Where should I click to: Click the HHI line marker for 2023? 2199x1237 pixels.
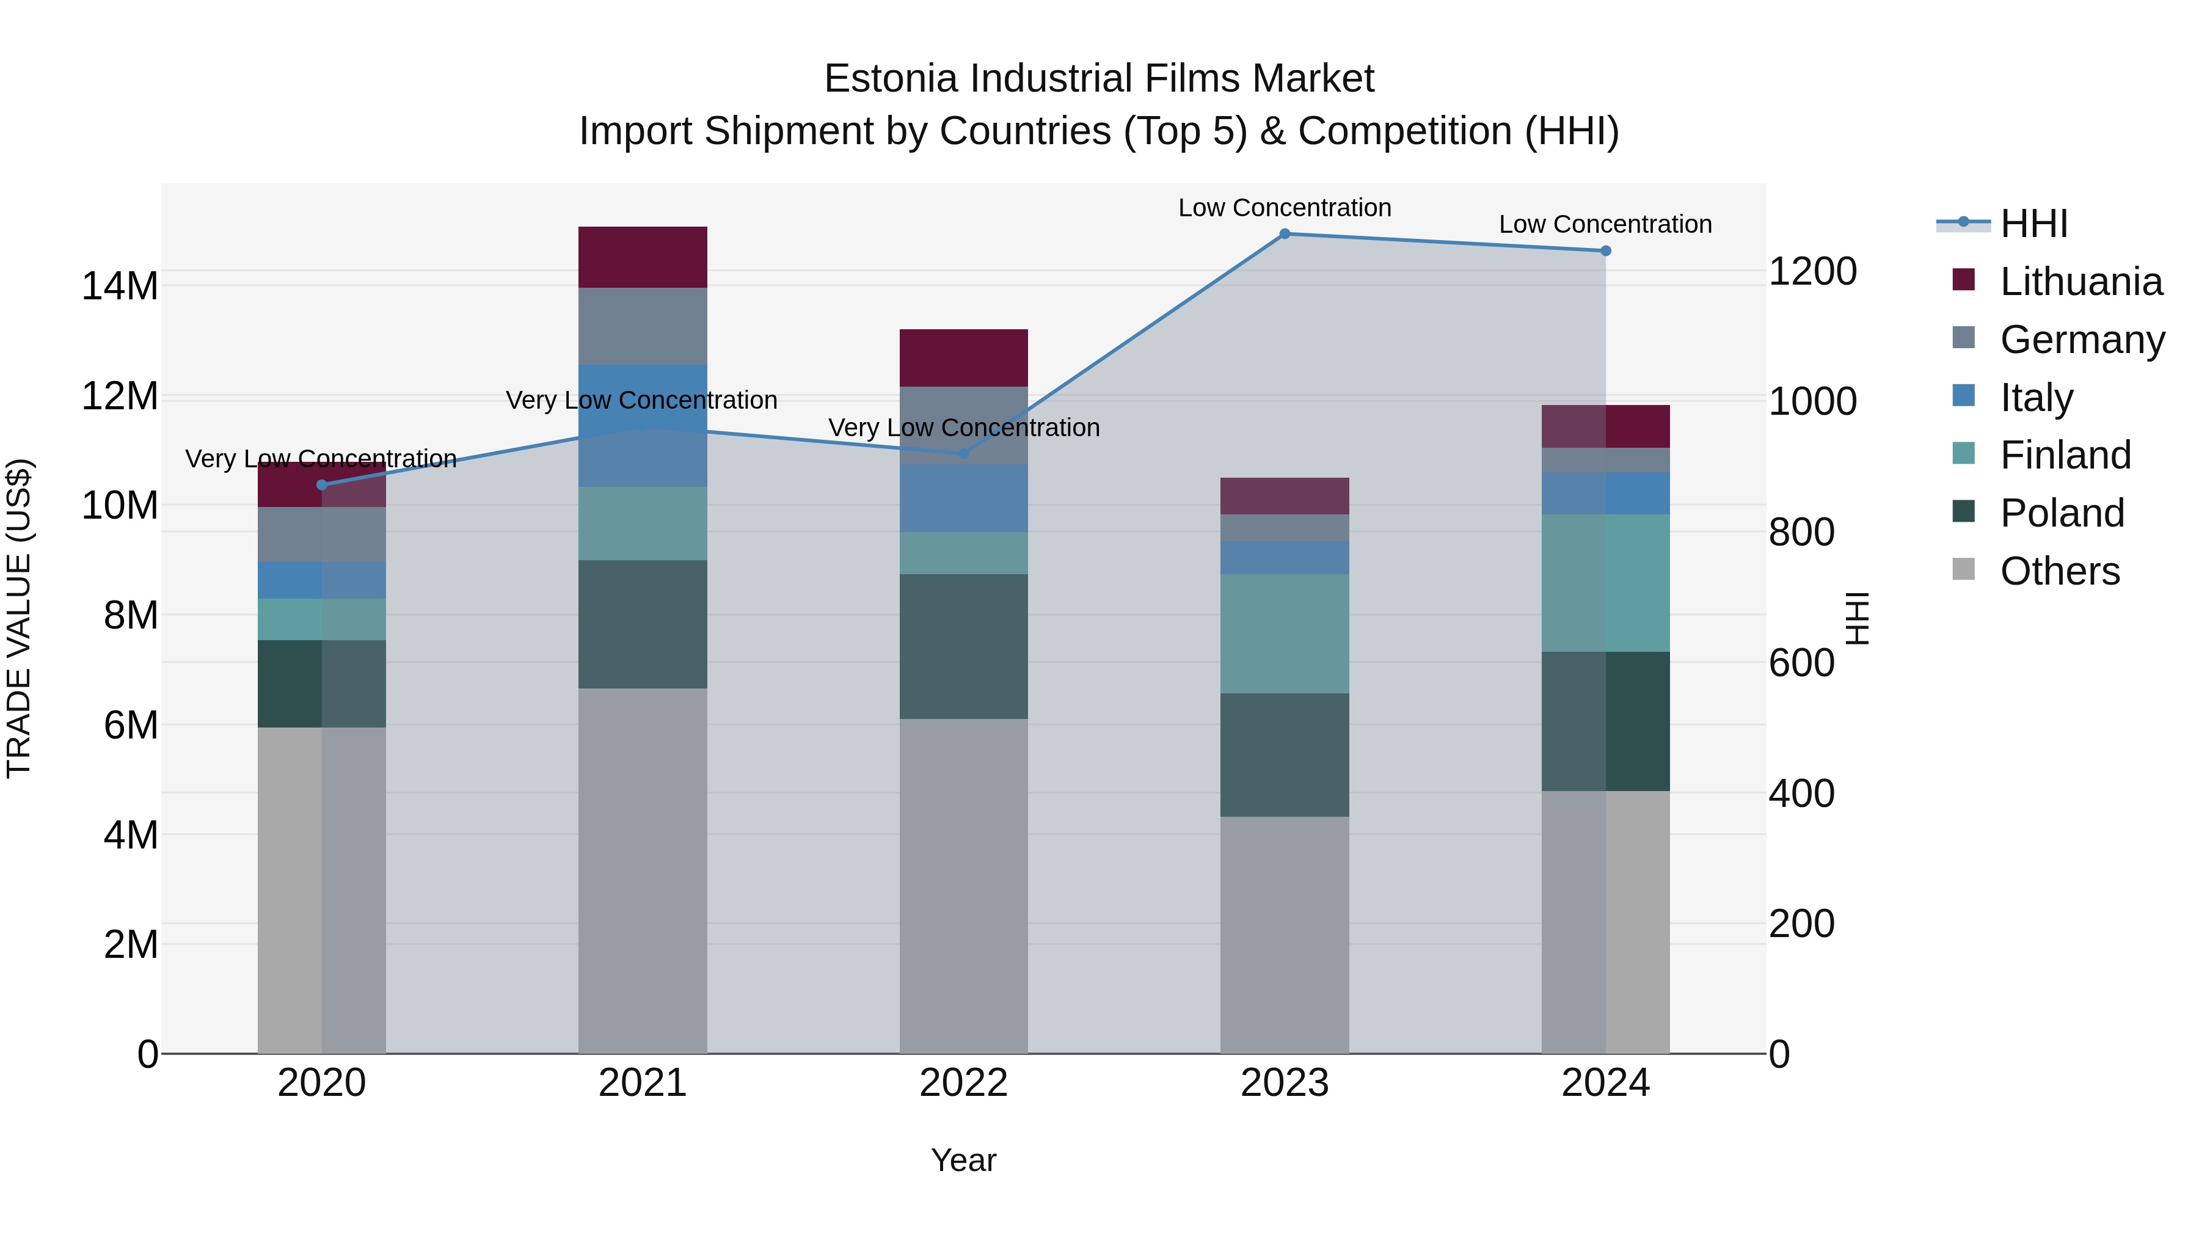pos(1285,234)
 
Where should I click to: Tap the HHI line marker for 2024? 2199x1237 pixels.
pos(1606,251)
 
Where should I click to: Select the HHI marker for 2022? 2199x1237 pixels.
pos(964,453)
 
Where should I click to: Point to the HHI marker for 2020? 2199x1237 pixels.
pos(322,485)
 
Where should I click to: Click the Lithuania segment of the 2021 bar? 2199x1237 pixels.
pos(643,257)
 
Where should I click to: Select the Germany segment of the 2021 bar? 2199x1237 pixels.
pos(643,326)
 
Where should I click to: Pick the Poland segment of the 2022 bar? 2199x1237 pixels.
pos(964,646)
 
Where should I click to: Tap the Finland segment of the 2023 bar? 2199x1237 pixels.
pos(1285,633)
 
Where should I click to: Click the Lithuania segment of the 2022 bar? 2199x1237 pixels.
pos(964,358)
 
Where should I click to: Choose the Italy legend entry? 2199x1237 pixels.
pos(2036,398)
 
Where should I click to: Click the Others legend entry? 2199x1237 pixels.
pos(2059,571)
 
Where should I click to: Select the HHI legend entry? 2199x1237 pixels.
pos(2033,224)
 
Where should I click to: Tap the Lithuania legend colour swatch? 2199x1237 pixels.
pos(1963,280)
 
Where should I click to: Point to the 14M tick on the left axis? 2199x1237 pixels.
pos(120,286)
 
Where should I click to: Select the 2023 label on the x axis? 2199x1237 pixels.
pos(1285,1083)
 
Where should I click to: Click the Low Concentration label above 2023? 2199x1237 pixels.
pos(1285,208)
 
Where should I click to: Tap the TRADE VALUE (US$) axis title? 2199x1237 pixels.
pos(19,618)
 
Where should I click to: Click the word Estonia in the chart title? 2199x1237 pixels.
pos(891,79)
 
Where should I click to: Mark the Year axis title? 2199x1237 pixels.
pos(964,1160)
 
